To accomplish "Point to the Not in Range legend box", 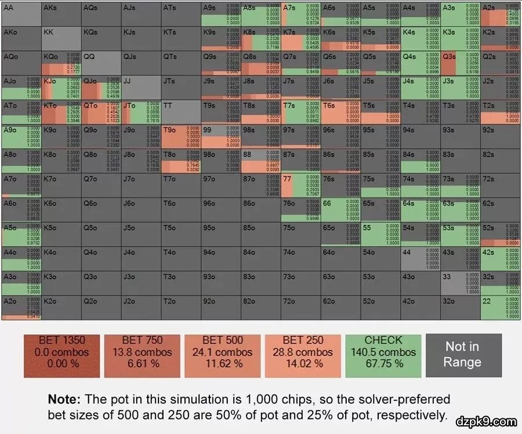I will [x=462, y=355].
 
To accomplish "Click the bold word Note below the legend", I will [x=66, y=400].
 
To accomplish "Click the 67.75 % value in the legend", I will [x=383, y=364].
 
